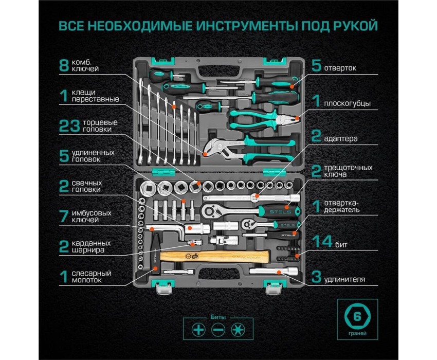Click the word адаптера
(341, 138)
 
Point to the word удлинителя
(344, 280)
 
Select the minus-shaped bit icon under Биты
(218, 329)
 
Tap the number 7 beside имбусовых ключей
(64, 216)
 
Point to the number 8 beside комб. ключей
(64, 65)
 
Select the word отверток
(341, 67)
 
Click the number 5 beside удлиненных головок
(64, 156)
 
